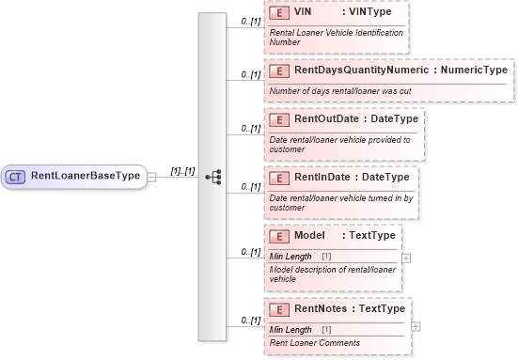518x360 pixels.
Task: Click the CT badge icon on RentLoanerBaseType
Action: [17, 176]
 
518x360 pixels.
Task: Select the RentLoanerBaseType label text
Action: [86, 176]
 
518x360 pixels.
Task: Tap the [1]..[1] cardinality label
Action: [182, 171]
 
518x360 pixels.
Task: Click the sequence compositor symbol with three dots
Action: [212, 176]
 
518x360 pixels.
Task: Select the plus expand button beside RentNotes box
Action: [416, 326]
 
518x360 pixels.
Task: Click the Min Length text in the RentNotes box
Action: [290, 330]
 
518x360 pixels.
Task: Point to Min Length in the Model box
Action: [290, 257]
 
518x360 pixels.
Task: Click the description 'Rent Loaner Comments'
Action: [314, 343]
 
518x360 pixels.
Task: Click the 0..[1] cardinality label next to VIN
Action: [249, 20]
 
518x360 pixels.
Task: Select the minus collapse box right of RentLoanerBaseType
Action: [152, 176]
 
